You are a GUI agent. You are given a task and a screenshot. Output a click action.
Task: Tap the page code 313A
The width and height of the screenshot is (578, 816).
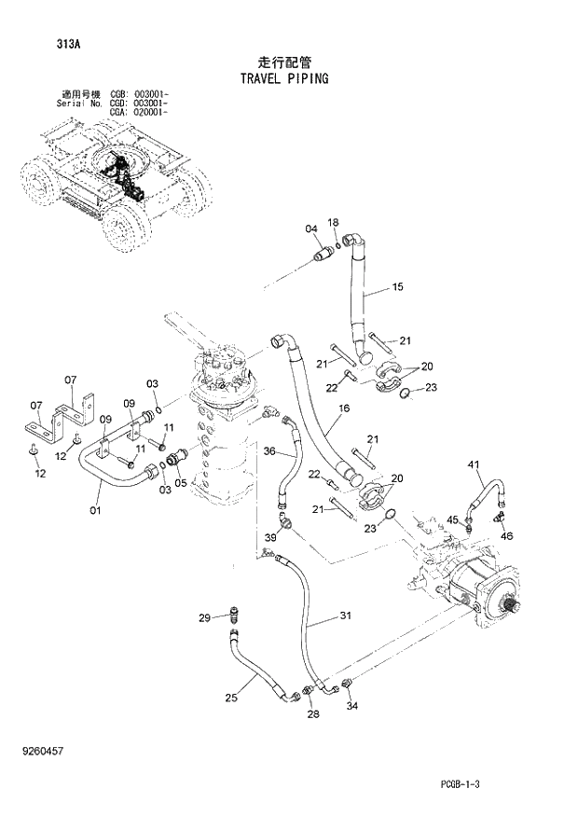point(42,44)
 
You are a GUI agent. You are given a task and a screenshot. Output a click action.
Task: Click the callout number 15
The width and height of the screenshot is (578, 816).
point(397,287)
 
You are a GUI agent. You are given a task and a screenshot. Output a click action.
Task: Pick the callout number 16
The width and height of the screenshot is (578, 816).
point(344,408)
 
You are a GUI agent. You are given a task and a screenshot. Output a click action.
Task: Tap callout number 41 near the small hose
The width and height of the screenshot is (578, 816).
point(473,464)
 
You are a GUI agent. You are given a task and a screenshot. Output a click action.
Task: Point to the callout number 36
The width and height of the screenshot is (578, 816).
point(268,452)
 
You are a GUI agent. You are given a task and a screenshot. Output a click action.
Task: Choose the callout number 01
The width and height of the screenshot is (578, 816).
point(94,510)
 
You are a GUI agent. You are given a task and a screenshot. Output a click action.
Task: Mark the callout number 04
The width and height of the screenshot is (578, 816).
point(310,228)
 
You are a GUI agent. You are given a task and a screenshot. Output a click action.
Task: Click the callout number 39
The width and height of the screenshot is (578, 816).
point(270,538)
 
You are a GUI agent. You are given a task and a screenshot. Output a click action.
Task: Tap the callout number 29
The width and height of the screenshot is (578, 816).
point(204,617)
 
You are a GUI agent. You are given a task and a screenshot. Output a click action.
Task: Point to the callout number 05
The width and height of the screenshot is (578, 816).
point(181,483)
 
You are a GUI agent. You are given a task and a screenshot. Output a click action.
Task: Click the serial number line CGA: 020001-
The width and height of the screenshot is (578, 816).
point(138,113)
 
